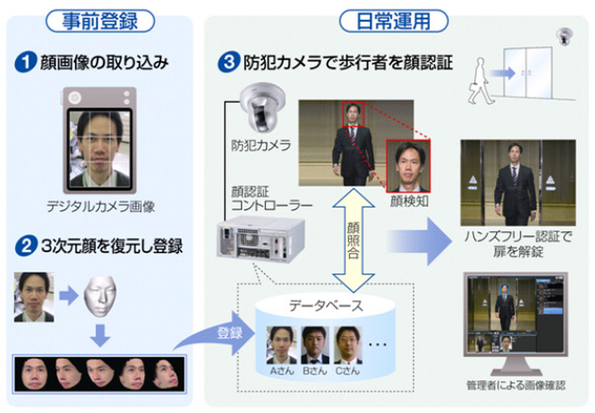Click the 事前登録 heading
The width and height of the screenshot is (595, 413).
[101, 20]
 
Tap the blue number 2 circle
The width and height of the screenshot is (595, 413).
[26, 244]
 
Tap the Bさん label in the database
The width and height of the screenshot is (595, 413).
[312, 369]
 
